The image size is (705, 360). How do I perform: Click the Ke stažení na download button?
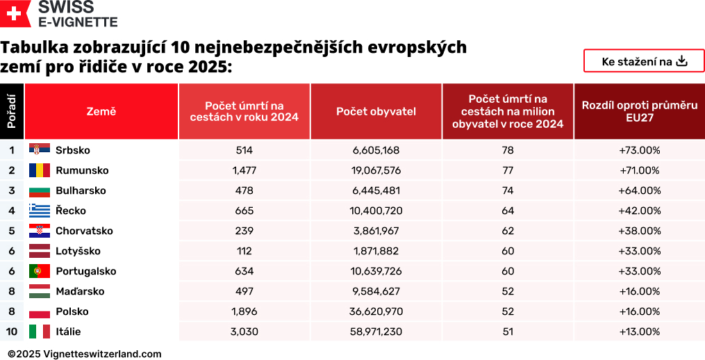[643, 61]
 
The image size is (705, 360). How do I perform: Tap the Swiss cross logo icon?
[15, 15]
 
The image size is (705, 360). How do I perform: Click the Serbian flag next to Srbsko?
[40, 150]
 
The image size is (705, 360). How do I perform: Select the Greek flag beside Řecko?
[40, 211]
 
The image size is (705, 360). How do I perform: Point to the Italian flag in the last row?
[40, 332]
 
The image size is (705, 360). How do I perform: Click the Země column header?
[101, 111]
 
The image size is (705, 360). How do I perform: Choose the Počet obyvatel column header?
[376, 111]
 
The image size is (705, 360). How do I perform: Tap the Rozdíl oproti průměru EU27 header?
[639, 111]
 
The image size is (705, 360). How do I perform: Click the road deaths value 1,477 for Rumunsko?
[244, 170]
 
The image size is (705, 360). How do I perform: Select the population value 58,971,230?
[376, 332]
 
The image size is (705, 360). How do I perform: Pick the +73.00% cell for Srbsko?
[639, 150]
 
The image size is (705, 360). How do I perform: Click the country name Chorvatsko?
[84, 231]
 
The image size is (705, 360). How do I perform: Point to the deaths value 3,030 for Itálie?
[244, 332]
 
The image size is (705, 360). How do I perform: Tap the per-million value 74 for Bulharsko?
[508, 190]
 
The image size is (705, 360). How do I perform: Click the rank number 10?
[12, 332]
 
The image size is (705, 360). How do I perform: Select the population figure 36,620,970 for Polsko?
[376, 311]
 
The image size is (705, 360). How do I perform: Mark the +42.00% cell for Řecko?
[639, 211]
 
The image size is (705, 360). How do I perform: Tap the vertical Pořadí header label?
[12, 111]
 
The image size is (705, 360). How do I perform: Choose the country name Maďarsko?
[80, 291]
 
